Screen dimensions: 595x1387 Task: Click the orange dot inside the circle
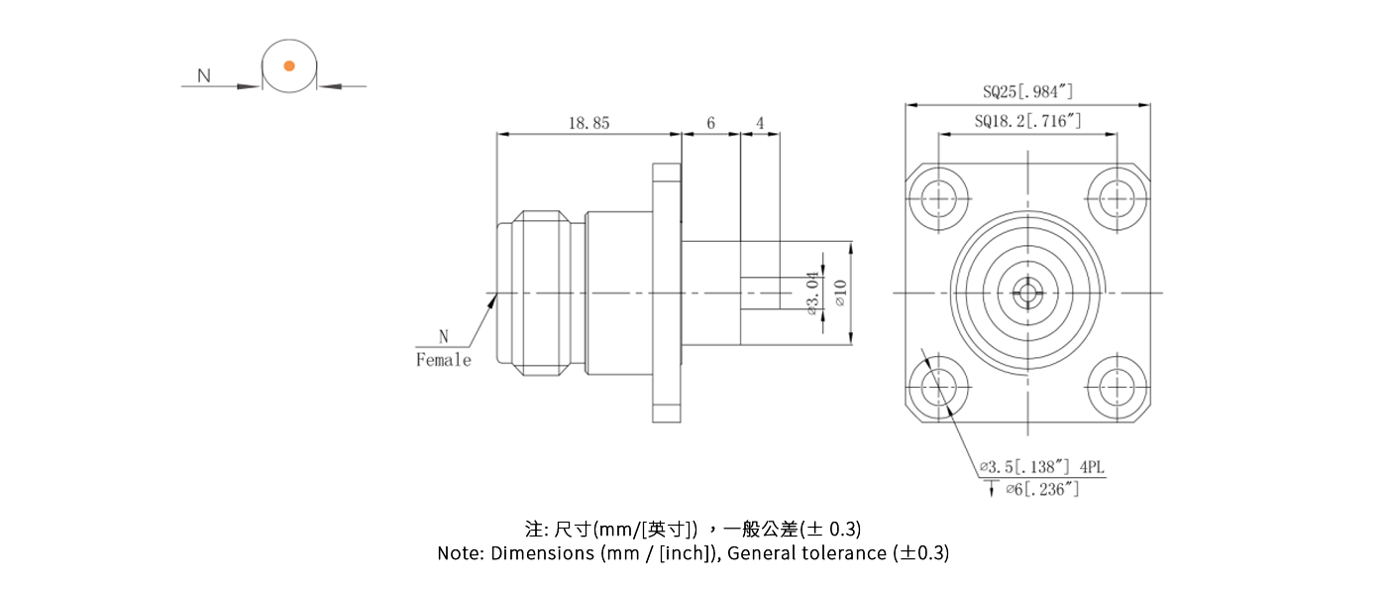[x=289, y=65]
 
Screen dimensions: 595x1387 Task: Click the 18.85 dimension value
[x=588, y=123]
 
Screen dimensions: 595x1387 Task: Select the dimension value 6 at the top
[x=710, y=123]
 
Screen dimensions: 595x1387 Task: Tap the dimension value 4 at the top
[x=760, y=123]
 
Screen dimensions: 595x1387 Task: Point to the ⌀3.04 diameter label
[x=813, y=294]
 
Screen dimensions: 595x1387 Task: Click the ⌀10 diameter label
[x=840, y=294]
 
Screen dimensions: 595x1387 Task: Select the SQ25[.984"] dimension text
[x=1027, y=92]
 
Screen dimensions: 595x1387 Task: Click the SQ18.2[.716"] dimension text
[x=1027, y=122]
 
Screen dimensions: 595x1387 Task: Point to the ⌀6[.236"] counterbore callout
[x=1040, y=489]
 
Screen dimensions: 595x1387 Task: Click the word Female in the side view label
[x=443, y=360]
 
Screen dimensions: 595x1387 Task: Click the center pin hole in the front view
[x=1027, y=293]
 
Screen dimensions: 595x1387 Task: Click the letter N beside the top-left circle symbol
[x=204, y=75]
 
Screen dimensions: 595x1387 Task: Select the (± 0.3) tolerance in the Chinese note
[x=813, y=528]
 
